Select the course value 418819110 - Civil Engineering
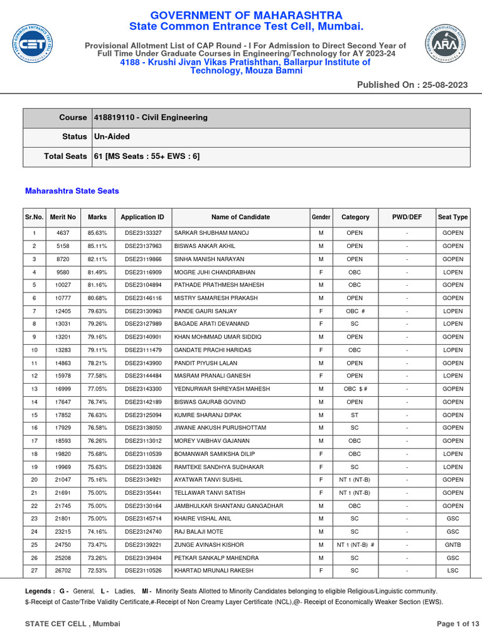[x=151, y=117]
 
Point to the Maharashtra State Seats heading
[x=72, y=191]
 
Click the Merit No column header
[x=63, y=217]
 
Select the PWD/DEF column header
[x=407, y=217]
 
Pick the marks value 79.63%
[x=97, y=311]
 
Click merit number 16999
[x=63, y=389]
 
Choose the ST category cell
[x=355, y=415]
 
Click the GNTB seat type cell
[x=453, y=545]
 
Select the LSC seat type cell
[x=453, y=571]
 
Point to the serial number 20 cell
[x=34, y=480]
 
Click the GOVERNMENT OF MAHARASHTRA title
[x=246, y=15]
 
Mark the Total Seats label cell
[x=65, y=156]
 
